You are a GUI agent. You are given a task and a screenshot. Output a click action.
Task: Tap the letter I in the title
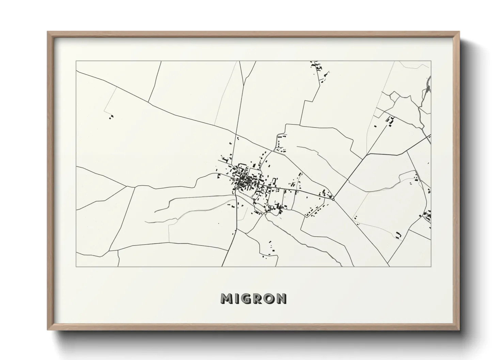[238, 298]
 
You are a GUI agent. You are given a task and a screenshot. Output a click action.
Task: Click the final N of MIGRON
[281, 298]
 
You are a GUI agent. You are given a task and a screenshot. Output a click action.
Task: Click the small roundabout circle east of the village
[333, 199]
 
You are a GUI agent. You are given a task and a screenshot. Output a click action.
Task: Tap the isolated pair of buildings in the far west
[111, 117]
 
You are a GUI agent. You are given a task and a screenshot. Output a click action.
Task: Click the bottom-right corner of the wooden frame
[459, 330]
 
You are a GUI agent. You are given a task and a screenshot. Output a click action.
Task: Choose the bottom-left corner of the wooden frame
[48, 330]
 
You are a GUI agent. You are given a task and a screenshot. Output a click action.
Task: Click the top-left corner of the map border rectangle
[76, 61]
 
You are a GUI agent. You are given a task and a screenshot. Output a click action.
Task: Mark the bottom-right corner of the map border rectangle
[431, 266]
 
